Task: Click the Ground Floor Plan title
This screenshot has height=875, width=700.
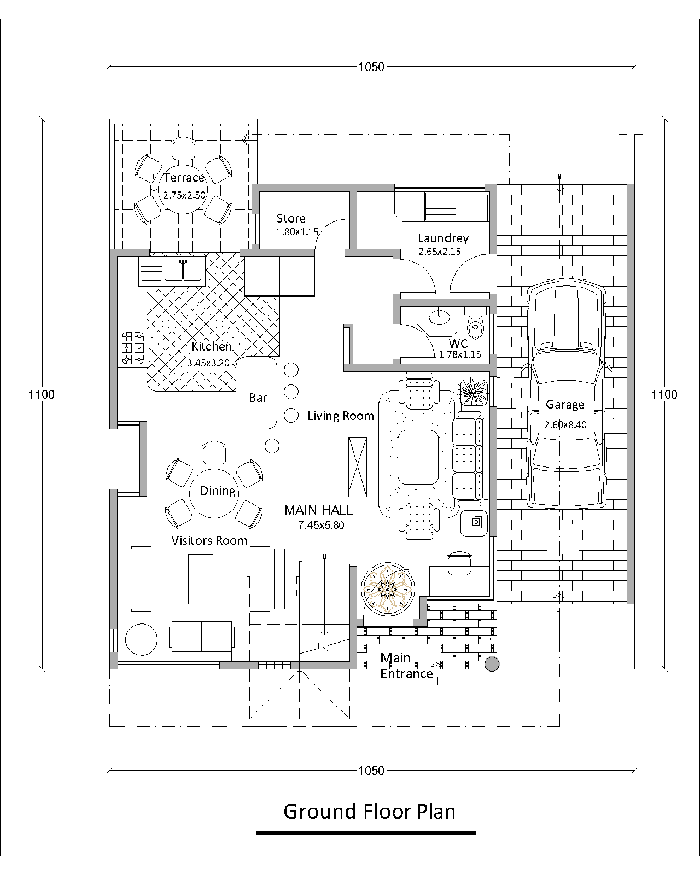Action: coord(369,811)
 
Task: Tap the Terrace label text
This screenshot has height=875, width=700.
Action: coord(184,177)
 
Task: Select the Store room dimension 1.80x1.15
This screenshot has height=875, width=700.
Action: coord(297,232)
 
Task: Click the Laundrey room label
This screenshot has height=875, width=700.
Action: coord(443,238)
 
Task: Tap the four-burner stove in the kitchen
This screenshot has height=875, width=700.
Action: coord(132,348)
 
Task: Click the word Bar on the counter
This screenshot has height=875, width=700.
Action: coord(258,398)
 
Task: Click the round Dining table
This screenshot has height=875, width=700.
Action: coord(214,493)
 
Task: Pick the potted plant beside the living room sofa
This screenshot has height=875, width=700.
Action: coord(472,392)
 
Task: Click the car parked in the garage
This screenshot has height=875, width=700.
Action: coord(565,394)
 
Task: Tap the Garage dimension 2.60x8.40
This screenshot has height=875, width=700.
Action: coord(565,424)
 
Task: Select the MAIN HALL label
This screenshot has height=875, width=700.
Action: coord(318,510)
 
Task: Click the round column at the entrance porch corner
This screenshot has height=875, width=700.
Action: coord(492,664)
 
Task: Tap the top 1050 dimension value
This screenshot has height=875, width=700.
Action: coord(371,67)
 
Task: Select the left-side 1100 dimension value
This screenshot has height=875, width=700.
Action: coord(42,394)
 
